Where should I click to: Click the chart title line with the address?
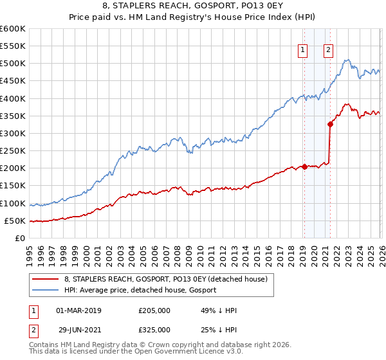(x=193, y=7)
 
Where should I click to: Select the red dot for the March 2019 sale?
(x=304, y=166)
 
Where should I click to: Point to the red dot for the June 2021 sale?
(x=330, y=125)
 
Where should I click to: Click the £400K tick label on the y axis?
(x=13, y=98)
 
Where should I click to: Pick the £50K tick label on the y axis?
(x=15, y=221)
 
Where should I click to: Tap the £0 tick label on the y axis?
(x=20, y=238)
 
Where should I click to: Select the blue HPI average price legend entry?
(x=140, y=290)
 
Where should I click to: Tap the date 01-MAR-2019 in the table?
(x=79, y=310)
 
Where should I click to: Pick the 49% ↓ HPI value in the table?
(x=219, y=310)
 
